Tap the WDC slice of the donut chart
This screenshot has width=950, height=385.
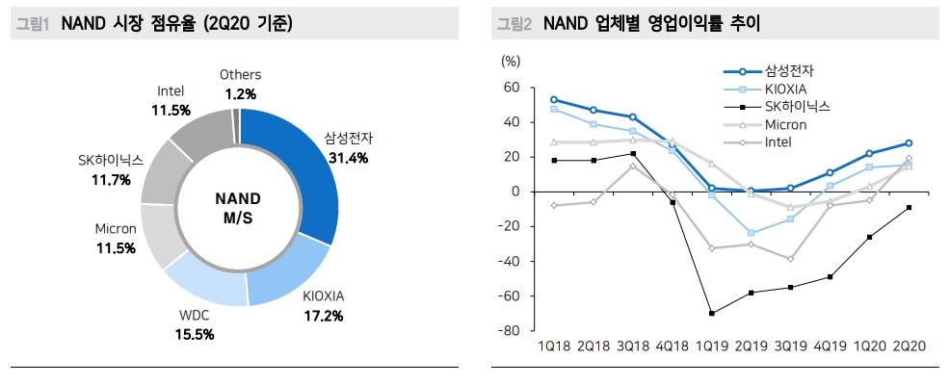pyautogui.click(x=204, y=285)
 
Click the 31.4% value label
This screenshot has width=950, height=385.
pyautogui.click(x=348, y=158)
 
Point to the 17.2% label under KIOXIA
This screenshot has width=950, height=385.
pyautogui.click(x=323, y=315)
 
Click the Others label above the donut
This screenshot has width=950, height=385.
pyautogui.click(x=240, y=74)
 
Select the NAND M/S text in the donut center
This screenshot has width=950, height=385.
pyautogui.click(x=240, y=208)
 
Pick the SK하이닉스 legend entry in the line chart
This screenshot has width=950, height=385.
pyautogui.click(x=797, y=107)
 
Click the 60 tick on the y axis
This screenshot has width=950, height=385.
pyautogui.click(x=511, y=88)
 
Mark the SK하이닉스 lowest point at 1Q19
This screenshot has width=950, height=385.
pyautogui.click(x=711, y=313)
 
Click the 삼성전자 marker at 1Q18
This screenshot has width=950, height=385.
pyautogui.click(x=554, y=99)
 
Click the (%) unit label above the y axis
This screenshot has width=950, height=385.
pyautogui.click(x=511, y=61)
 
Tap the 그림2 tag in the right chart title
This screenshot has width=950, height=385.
pyautogui.click(x=514, y=24)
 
